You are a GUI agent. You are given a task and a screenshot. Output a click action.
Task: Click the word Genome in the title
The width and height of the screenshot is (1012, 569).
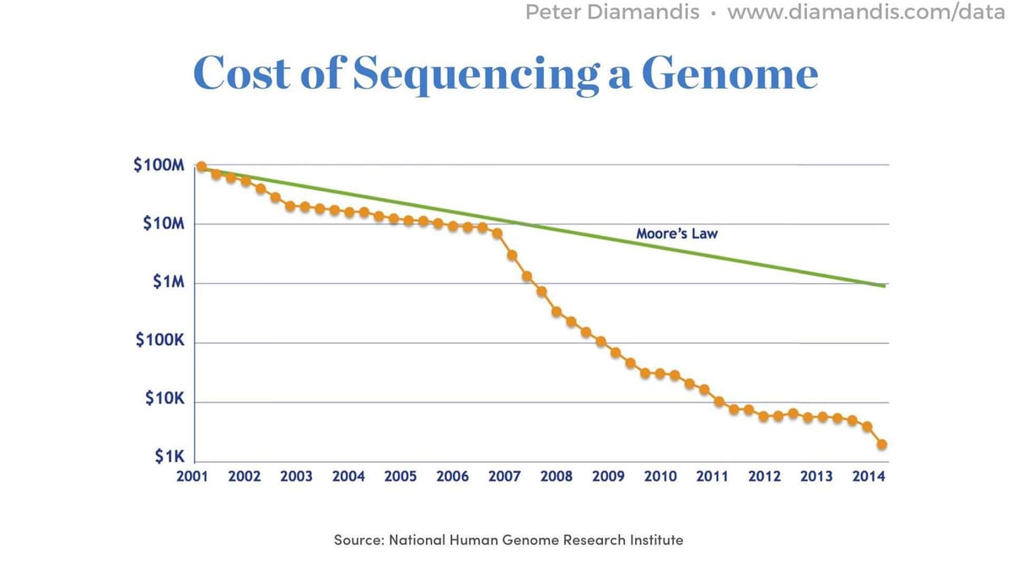(730, 73)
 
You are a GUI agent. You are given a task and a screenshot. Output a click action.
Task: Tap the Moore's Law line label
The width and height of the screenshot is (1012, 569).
(676, 233)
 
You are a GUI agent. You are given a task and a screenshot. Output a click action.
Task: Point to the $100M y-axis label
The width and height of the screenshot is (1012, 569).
(159, 165)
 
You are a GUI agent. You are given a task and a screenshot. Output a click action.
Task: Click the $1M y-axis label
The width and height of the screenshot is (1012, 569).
(168, 283)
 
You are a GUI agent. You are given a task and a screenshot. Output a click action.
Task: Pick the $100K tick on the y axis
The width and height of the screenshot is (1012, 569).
(160, 342)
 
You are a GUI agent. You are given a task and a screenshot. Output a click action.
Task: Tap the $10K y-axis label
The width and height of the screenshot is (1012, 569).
(164, 398)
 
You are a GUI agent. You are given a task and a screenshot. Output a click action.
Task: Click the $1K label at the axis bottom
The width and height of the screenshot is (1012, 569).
(169, 457)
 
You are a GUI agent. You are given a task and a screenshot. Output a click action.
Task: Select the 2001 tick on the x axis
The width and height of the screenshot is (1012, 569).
(192, 476)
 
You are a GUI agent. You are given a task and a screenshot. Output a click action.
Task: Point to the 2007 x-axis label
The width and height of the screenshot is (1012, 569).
(504, 476)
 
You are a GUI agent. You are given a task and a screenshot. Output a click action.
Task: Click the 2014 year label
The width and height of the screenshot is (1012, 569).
(869, 476)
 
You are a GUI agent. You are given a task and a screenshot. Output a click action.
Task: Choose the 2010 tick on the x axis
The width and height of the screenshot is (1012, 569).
(660, 476)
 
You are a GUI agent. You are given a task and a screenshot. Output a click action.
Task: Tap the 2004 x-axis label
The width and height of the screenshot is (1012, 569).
(348, 476)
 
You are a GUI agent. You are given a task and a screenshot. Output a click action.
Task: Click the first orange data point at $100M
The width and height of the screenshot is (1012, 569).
(201, 166)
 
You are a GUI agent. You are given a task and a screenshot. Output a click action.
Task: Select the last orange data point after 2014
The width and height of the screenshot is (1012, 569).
(882, 444)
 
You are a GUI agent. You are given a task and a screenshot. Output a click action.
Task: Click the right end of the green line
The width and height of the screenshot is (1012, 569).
(885, 286)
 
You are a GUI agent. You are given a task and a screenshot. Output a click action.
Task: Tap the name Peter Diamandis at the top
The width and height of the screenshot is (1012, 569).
(612, 13)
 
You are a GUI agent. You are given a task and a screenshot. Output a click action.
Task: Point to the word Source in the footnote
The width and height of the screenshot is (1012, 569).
(358, 539)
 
